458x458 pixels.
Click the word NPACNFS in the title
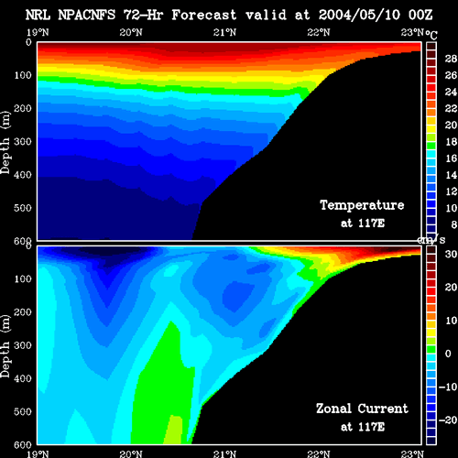[87, 15]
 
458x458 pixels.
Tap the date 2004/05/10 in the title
[359, 15]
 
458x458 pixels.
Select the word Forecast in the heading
[204, 15]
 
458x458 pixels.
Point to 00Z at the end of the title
[420, 15]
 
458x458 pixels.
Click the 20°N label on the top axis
[131, 32]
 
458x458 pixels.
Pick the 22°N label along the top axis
[319, 32]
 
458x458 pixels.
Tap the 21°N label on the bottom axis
[224, 454]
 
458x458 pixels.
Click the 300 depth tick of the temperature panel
[23, 141]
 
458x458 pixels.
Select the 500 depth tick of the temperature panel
[23, 208]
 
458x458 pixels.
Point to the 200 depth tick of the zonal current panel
[23, 312]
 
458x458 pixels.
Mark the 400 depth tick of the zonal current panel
[23, 378]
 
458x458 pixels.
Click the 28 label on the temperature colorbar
[451, 59]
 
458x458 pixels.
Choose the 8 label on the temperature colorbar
[453, 224]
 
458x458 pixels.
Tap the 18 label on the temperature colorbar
[451, 142]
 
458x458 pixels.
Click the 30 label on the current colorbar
[451, 254]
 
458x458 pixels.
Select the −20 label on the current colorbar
[448, 420]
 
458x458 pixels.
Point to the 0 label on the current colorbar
[448, 354]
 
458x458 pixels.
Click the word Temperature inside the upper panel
[362, 205]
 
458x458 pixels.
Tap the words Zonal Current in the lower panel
[362, 409]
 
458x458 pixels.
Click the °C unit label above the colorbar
[431, 34]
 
